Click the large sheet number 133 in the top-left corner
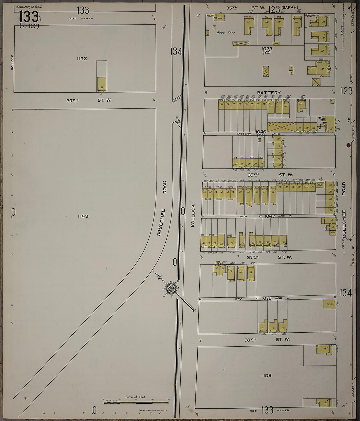(x=29, y=17)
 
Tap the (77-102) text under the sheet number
(x=29, y=26)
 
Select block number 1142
(x=82, y=59)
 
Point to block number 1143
(x=83, y=216)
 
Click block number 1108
(x=266, y=376)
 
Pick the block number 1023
(x=267, y=49)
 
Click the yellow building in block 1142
(x=101, y=84)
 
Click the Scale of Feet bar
(x=136, y=401)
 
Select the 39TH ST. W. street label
(x=89, y=100)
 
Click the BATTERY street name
(x=269, y=93)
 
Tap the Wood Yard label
(x=225, y=33)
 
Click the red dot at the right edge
(x=349, y=145)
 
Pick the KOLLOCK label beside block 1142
(x=12, y=62)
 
